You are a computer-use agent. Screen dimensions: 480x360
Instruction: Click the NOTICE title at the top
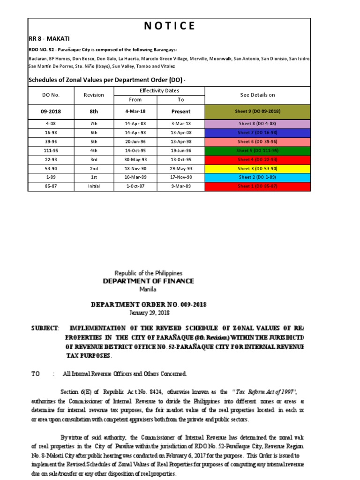169,26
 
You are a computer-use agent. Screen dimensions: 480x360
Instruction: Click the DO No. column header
51,95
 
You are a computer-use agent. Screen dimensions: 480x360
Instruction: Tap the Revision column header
94,95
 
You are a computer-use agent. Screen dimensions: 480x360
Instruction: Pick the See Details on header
257,95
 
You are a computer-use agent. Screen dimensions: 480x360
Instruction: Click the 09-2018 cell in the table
51,112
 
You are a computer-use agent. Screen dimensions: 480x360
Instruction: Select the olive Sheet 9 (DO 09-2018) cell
257,112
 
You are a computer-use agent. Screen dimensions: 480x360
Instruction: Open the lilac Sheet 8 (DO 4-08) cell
257,124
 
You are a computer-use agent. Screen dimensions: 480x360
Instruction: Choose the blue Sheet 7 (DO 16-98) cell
257,133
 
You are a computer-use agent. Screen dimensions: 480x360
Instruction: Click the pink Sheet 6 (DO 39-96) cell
257,142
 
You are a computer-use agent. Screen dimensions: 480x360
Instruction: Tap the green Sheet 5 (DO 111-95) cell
257,150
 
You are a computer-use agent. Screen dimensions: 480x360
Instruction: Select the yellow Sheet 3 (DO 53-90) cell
257,168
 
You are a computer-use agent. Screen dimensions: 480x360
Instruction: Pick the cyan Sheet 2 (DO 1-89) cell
257,177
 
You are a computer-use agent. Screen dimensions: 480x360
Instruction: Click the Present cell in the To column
181,112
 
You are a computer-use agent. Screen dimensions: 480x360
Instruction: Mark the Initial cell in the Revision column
94,186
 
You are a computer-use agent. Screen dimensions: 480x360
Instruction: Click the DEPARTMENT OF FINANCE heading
149,281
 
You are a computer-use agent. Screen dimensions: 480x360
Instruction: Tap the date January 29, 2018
149,312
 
